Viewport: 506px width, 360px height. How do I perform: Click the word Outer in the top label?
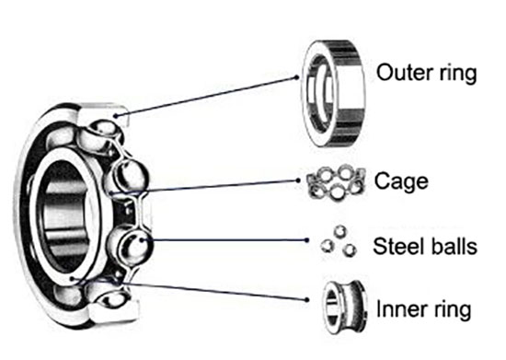405,73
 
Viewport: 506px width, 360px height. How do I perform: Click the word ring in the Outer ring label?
458,75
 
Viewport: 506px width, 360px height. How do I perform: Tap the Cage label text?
401,182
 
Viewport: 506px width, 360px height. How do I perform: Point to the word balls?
454,247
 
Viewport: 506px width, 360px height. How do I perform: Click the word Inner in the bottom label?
402,309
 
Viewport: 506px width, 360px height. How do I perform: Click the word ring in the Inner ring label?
453,311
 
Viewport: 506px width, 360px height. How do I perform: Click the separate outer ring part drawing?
333,94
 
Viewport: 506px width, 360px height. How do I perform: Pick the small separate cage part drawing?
336,182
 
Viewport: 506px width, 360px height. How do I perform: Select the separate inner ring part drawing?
344,308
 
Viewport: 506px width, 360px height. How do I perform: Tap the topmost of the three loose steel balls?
339,231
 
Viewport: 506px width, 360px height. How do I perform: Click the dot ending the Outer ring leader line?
297,76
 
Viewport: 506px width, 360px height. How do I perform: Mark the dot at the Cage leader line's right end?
298,180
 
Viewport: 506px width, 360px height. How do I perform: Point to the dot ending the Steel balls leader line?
306,240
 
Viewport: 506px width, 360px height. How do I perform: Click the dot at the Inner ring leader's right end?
307,300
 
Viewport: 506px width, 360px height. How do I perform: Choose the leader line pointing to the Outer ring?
206,97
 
